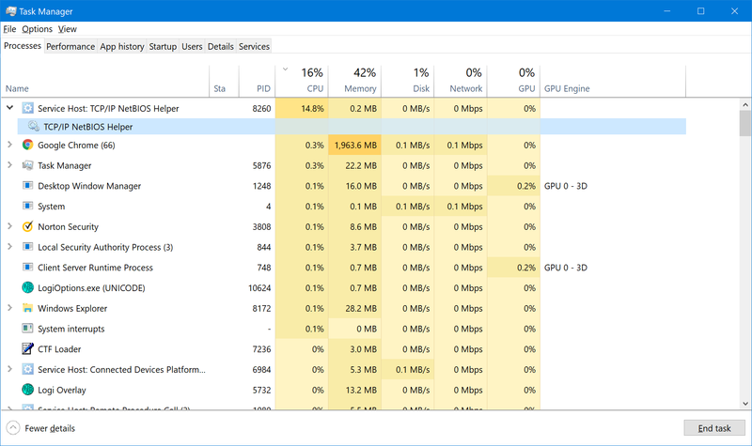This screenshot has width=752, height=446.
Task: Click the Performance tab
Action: [70, 46]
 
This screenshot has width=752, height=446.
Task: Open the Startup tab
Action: [163, 46]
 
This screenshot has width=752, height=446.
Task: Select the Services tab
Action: [254, 46]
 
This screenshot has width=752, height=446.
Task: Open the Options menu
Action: [38, 29]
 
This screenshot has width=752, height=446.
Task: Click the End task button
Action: [714, 428]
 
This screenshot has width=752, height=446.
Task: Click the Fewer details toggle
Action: [41, 428]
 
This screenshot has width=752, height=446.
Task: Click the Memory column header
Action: [360, 88]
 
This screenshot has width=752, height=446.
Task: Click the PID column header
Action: [263, 88]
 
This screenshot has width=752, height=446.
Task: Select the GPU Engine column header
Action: [567, 88]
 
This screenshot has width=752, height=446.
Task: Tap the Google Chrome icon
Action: [28, 146]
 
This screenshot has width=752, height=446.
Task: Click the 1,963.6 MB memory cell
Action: [354, 146]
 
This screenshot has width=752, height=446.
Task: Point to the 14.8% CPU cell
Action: [312, 109]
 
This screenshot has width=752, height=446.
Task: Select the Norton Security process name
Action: [68, 227]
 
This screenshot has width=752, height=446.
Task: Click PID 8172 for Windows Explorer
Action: [261, 309]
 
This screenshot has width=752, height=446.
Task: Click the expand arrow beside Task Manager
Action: [9, 166]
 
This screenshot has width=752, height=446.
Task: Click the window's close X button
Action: [729, 10]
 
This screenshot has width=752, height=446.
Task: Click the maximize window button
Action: [700, 10]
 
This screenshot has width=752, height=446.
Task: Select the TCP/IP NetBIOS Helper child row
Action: [88, 127]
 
